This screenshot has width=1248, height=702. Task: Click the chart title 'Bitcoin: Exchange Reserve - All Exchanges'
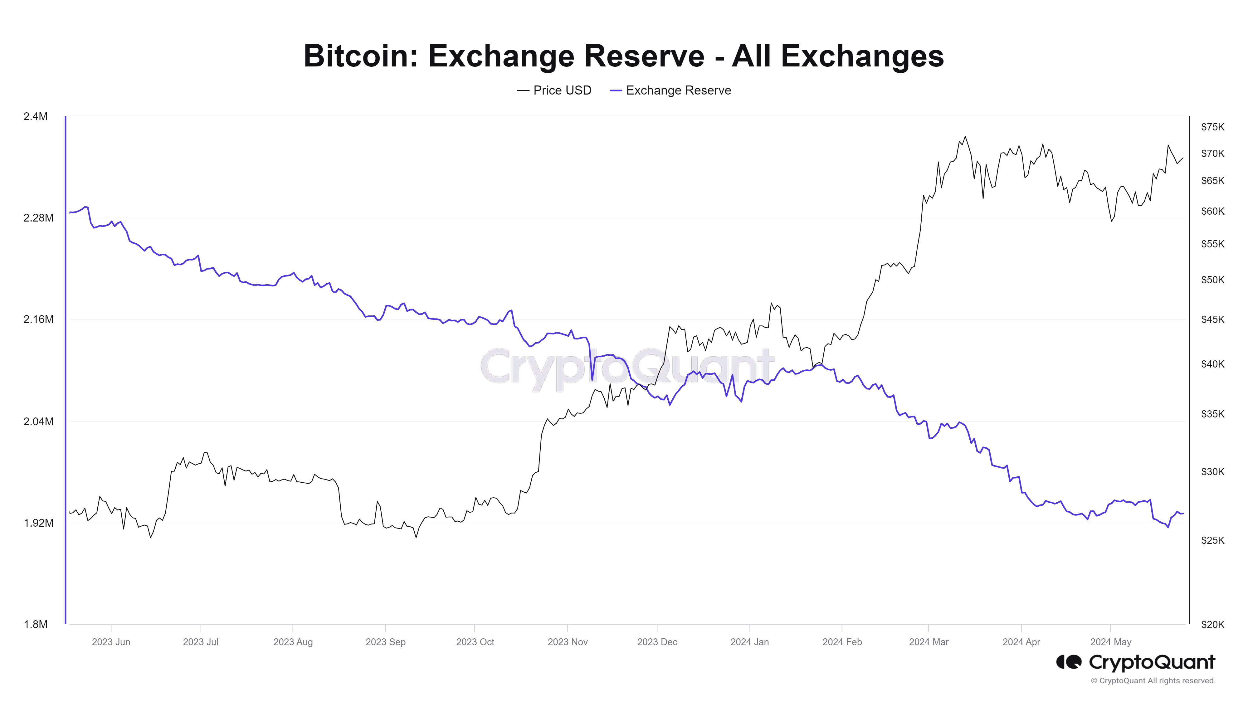[x=623, y=56]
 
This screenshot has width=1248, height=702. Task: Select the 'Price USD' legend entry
[x=562, y=90]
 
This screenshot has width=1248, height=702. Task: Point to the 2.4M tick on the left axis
[x=35, y=116]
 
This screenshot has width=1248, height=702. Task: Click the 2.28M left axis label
[x=38, y=218]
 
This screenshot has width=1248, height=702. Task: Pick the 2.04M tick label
[x=38, y=422]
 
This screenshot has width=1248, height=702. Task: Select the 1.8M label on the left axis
[x=35, y=625]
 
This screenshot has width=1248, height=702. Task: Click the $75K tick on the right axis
[x=1212, y=127]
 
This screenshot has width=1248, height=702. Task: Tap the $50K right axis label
[x=1212, y=280]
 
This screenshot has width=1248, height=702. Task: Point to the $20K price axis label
[x=1212, y=625]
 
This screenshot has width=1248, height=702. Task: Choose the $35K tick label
[x=1212, y=414]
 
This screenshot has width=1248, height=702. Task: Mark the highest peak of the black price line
[x=965, y=137]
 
